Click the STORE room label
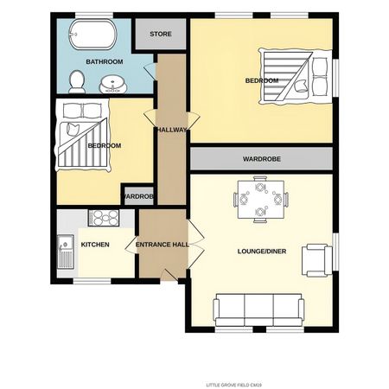[x=160, y=35]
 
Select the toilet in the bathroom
[x=76, y=81]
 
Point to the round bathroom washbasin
[x=112, y=84]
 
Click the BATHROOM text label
[x=105, y=62]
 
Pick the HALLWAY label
[x=171, y=130]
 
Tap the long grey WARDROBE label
[x=261, y=159]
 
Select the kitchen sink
[x=65, y=250]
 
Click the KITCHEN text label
[x=95, y=245]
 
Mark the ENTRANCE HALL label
[x=163, y=245]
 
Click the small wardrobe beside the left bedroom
[x=138, y=197]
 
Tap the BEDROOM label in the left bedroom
[x=104, y=145]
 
